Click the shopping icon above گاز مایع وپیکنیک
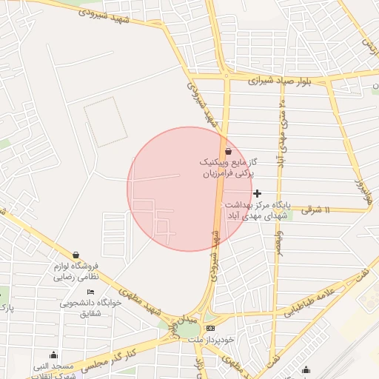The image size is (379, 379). click(227, 150)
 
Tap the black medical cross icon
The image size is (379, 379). click(257, 193)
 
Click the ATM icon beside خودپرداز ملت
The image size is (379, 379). click(212, 327)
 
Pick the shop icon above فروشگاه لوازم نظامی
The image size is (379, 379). click(76, 255)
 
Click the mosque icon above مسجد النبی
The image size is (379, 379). click(53, 355)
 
